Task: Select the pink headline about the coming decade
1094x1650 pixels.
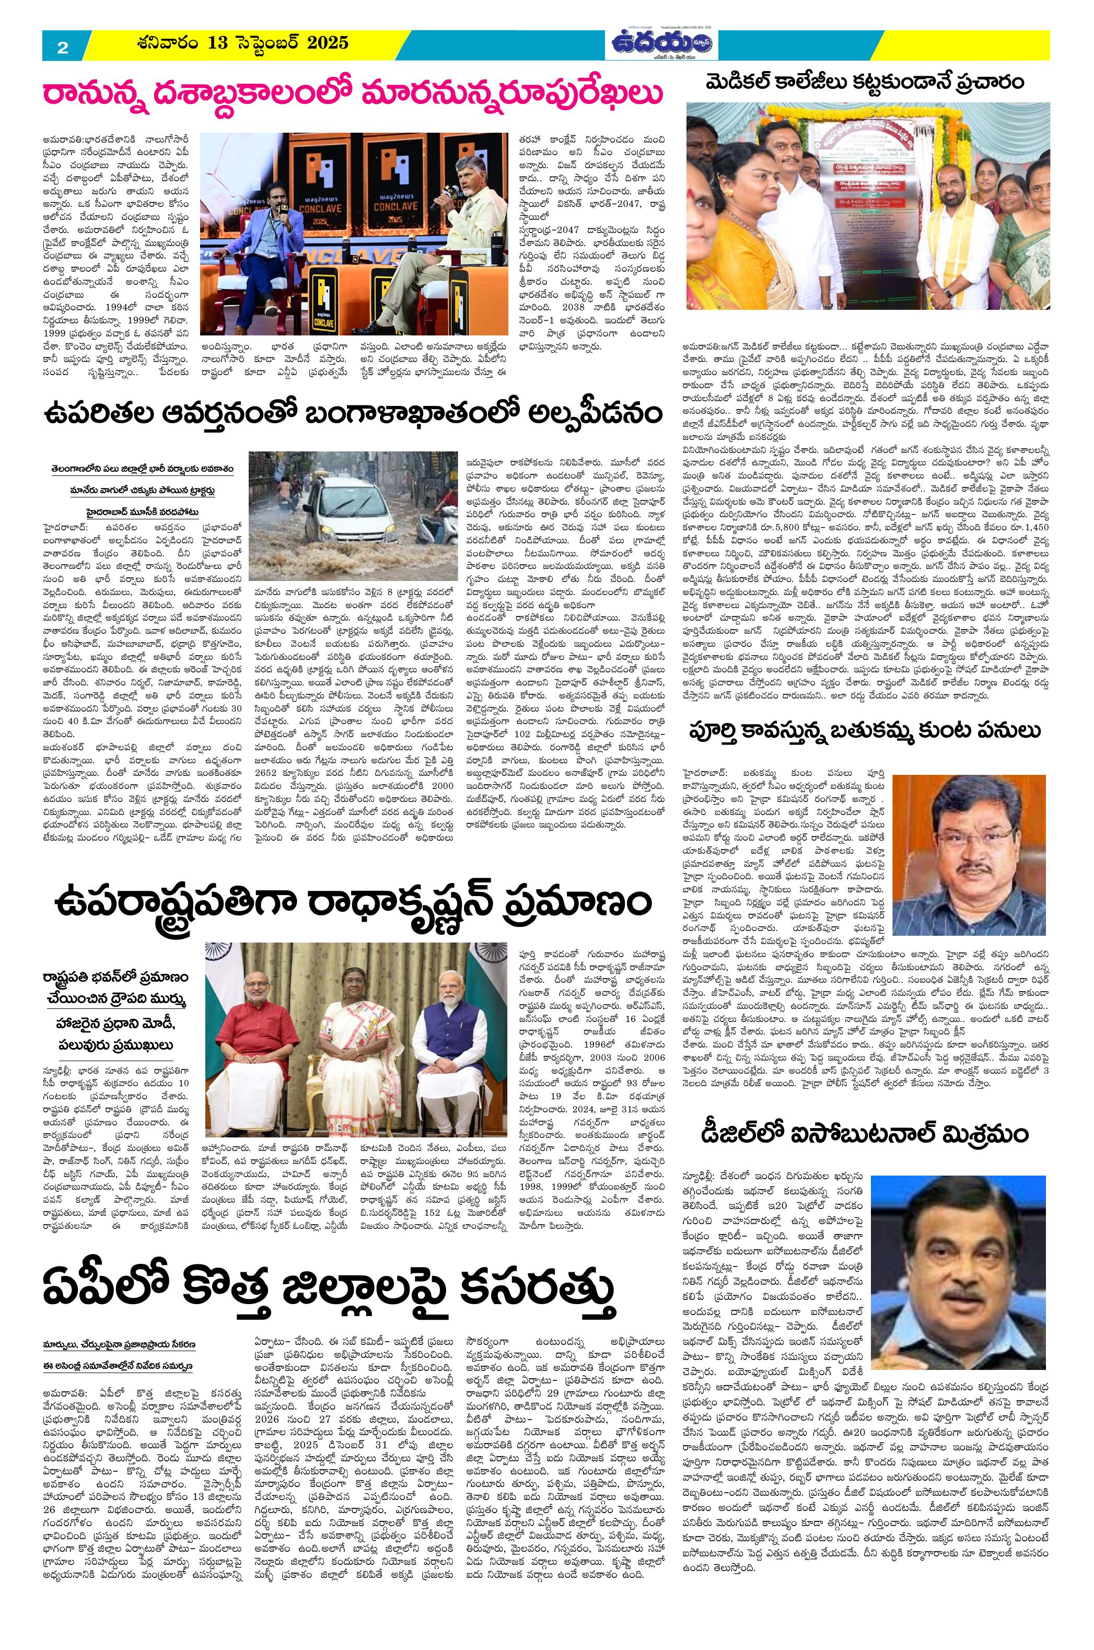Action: pos(352,94)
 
